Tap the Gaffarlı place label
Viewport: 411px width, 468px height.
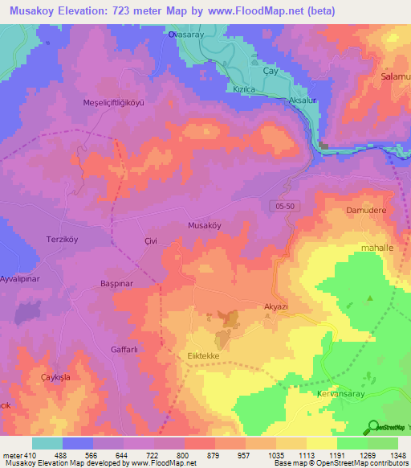tap(125, 350)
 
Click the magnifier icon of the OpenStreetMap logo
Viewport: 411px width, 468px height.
tap(372, 427)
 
